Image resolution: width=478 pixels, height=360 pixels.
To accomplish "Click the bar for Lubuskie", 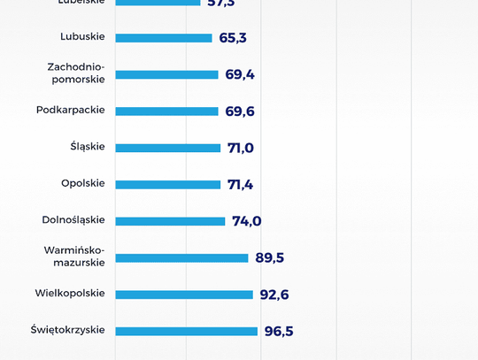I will pos(164,38).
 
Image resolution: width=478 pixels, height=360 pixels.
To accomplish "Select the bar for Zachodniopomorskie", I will pos(166,74).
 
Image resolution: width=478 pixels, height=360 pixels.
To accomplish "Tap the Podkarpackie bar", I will pos(166,111).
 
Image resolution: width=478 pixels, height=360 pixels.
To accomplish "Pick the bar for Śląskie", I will pos(168,148).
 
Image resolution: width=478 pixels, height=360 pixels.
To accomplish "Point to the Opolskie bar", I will pos(168,185).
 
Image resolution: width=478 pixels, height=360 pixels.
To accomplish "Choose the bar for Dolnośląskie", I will pos(170,221).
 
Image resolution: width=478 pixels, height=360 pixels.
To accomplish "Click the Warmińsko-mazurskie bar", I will pos(181,257).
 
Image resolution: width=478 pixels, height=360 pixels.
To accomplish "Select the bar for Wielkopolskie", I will pos(184,295).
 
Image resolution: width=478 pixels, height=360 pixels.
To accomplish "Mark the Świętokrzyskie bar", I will pos(186,331).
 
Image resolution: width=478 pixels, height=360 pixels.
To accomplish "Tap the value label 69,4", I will pos(240,74).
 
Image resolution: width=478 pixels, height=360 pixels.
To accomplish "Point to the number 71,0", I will pos(241,148).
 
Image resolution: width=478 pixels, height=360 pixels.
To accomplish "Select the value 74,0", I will pos(247,221).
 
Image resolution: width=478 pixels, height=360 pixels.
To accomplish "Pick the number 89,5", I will pos(270,257).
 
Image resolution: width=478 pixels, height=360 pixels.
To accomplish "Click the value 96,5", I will pos(279,331).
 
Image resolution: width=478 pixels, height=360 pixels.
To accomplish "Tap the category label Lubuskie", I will pos(82,36).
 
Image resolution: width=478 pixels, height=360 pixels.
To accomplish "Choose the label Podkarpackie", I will pos(71,110).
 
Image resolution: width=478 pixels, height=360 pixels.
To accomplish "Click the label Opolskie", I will pos(83,183).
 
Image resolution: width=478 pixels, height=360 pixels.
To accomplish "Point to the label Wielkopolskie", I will pos(70,293).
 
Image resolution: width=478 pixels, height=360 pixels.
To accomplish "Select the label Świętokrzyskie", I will pos(67,330).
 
